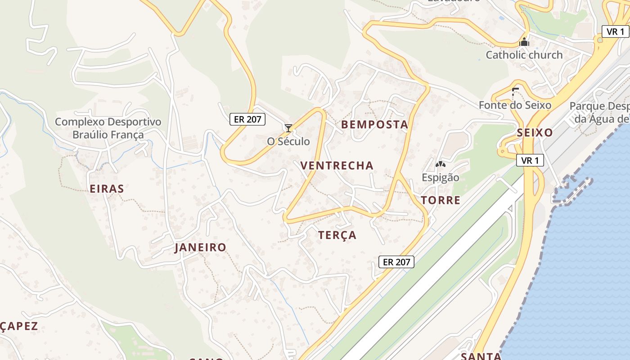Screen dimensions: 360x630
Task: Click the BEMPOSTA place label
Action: tap(374, 125)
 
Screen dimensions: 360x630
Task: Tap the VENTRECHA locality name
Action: tap(337, 166)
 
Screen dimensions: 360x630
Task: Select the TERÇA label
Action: tap(337, 235)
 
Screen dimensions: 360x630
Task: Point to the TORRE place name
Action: tap(441, 200)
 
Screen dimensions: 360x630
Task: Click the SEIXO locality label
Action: tap(535, 133)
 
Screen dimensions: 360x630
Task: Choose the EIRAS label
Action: tap(107, 189)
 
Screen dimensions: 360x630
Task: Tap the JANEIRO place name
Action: tap(200, 247)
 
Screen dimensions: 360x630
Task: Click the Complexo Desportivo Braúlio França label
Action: tap(108, 128)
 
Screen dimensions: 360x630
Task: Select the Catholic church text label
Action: tap(524, 55)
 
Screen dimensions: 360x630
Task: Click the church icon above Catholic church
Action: tap(524, 42)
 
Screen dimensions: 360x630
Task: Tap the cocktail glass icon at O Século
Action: tap(288, 128)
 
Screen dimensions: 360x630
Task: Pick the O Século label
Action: tap(288, 141)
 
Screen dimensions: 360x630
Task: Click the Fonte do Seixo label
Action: tap(515, 105)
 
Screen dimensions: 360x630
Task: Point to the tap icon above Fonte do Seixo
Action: tap(515, 92)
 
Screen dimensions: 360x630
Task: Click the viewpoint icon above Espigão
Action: tap(440, 165)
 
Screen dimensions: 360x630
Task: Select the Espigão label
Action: tap(441, 177)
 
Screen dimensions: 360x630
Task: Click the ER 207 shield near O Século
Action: tap(247, 119)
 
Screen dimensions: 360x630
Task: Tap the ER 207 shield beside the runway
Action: tap(396, 262)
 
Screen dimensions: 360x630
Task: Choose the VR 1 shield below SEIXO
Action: tap(530, 160)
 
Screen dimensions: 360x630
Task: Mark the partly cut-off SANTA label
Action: tap(481, 356)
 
